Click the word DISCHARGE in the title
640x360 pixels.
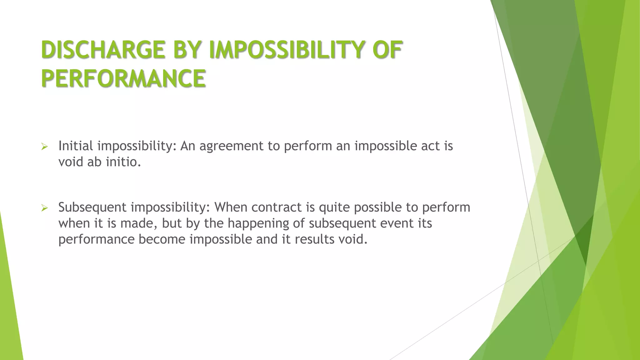[x=103, y=50]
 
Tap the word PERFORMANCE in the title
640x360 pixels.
[x=123, y=78]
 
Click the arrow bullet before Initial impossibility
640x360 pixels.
[x=44, y=147]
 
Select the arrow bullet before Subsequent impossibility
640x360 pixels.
[x=44, y=208]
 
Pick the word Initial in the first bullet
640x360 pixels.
[x=76, y=146]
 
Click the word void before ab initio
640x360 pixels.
[x=71, y=162]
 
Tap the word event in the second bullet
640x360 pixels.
[x=396, y=223]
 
